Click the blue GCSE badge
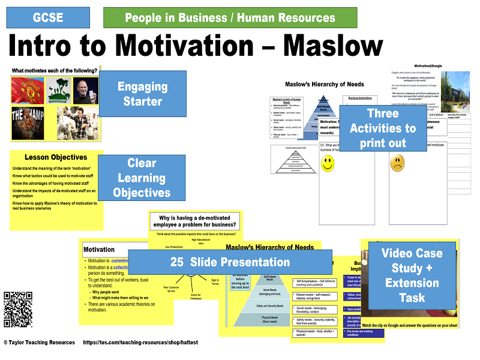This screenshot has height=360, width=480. pos(48,17)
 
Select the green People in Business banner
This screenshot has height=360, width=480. pos(230,18)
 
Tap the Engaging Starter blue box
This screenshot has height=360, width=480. pos(142,94)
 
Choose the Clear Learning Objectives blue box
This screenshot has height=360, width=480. pos(142,178)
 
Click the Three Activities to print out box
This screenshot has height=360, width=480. pos(382,128)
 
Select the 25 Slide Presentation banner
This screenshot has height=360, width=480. pos(230,262)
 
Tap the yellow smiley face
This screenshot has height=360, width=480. pos(327,164)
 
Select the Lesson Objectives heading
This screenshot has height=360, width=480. pos(57,157)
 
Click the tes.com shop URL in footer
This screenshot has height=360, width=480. pos(148,343)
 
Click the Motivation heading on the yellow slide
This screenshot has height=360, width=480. pos(99,250)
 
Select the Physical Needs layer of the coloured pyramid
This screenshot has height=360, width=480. pos(257,318)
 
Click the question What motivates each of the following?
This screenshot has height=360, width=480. pos(54,71)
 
